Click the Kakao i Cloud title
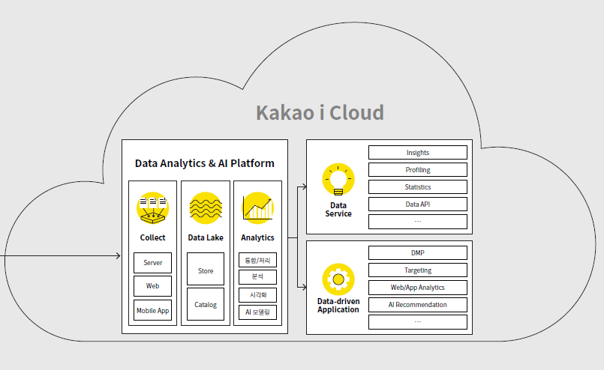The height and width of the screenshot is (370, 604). (320, 113)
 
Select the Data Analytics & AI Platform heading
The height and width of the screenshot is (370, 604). (204, 163)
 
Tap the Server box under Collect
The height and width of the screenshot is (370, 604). (152, 263)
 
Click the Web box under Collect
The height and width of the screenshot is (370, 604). (152, 286)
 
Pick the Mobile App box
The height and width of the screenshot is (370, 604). (152, 310)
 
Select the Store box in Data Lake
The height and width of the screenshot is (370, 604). (205, 270)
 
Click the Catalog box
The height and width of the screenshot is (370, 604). (205, 305)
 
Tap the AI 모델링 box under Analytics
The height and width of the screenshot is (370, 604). (257, 312)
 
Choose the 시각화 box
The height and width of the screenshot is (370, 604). (257, 294)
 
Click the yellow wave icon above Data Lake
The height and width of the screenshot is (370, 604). (205, 207)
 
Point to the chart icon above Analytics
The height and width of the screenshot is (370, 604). (257, 207)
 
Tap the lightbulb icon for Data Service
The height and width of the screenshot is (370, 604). (338, 180)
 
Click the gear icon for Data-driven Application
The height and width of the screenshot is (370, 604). (338, 279)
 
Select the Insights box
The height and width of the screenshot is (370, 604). (417, 153)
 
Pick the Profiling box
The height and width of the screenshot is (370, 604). (417, 170)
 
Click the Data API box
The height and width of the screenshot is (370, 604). (417, 204)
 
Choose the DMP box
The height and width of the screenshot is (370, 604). (417, 253)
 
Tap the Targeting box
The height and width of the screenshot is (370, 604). (417, 270)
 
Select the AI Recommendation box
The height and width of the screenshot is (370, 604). (417, 305)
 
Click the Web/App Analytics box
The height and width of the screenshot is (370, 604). (417, 288)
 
